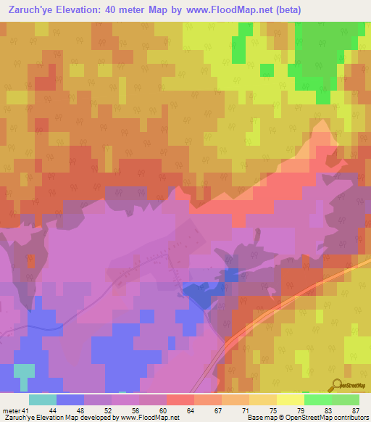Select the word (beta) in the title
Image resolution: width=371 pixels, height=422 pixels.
[284, 9]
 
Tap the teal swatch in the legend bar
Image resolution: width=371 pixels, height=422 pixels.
[43, 400]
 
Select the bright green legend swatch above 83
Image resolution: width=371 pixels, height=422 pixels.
[317, 400]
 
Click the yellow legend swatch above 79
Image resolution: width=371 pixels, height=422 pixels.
[290, 400]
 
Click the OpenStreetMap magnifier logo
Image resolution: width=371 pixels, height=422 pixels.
[338, 386]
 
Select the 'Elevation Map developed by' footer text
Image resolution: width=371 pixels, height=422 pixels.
[80, 417]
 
